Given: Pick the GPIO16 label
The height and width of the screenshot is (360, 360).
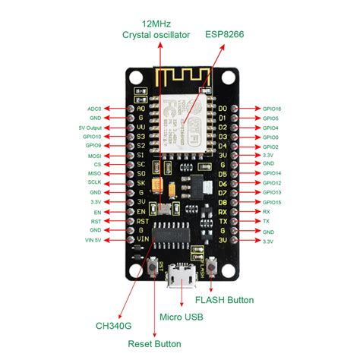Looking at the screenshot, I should (271, 109).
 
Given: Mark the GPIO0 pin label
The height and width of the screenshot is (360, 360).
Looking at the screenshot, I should (270, 137).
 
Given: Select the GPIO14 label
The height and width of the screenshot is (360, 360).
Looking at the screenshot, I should (271, 174).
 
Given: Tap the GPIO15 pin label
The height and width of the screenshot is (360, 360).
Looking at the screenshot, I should (271, 202).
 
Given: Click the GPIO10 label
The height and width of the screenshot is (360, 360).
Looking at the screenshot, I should (92, 137).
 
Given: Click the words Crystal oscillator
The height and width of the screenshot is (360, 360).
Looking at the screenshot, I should (159, 35).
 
